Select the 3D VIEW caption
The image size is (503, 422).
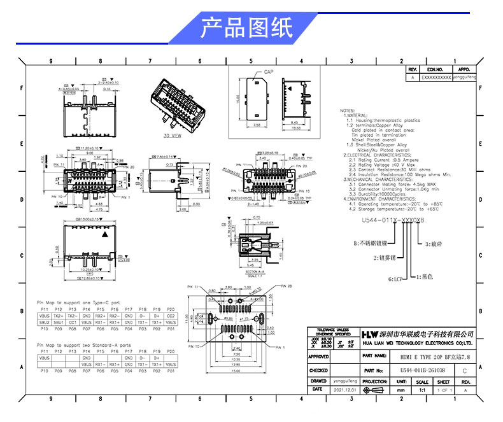(173, 136)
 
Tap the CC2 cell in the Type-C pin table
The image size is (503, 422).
(171, 316)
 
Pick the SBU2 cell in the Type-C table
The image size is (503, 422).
(45, 323)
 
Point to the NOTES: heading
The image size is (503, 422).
(347, 109)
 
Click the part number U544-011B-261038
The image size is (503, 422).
(423, 369)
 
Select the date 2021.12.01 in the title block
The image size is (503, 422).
(342, 389)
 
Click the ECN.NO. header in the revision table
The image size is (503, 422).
(435, 69)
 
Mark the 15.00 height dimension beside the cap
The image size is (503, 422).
(237, 99)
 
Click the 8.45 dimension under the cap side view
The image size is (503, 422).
(294, 121)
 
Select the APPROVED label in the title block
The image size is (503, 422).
(319, 357)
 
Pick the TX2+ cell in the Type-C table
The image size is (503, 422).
(59, 316)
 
